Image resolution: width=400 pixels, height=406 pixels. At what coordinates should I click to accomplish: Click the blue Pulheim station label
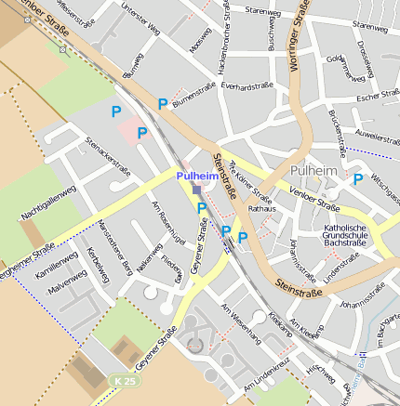(198, 176)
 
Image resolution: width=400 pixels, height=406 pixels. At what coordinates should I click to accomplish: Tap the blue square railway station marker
(196, 190)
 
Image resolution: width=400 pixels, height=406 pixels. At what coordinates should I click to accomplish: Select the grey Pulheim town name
(314, 172)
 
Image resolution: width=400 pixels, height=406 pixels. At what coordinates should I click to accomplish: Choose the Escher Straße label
(377, 97)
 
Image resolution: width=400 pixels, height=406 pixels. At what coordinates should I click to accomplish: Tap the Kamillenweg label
(55, 265)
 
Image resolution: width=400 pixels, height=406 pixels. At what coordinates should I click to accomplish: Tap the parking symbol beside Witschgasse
(357, 178)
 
